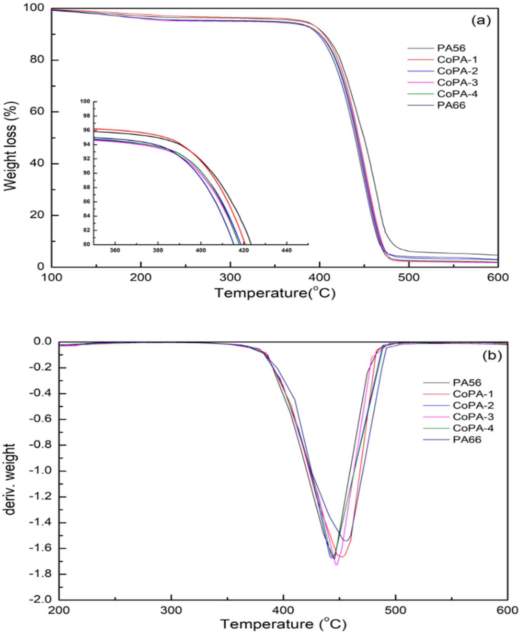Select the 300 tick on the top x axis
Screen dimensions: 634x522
pyautogui.click(x=230, y=277)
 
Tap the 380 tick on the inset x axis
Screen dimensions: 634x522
pyautogui.click(x=158, y=250)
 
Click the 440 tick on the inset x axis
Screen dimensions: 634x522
pyautogui.click(x=286, y=250)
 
